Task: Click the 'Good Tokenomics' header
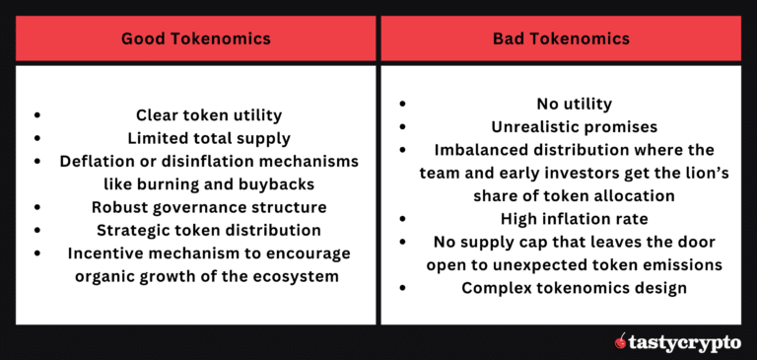click(x=195, y=39)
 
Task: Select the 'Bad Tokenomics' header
click(x=562, y=39)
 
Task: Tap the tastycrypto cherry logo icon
click(x=620, y=342)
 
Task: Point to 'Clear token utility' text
click(x=208, y=114)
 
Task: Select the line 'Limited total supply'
click(x=208, y=138)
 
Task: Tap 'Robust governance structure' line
click(x=208, y=207)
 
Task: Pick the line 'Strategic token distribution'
click(x=208, y=230)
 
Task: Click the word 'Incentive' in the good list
click(x=108, y=253)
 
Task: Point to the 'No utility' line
click(x=574, y=104)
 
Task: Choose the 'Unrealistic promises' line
click(x=574, y=126)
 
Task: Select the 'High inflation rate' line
click(x=574, y=219)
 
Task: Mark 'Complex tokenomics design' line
click(x=574, y=288)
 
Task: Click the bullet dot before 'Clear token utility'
click(x=37, y=115)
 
